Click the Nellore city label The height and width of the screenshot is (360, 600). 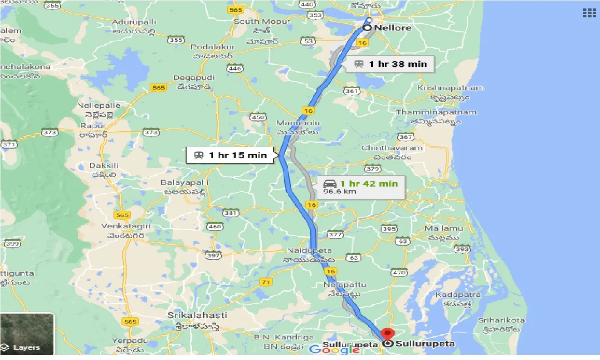pos(393,28)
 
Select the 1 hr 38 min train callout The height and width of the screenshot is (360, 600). pos(390,64)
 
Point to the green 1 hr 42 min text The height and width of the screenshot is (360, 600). pos(369,183)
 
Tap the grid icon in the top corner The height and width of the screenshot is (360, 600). pos(589,13)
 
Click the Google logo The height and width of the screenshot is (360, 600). pos(334,349)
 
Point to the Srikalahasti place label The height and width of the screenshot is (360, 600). pos(197,315)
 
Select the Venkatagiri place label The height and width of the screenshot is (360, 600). pos(126,226)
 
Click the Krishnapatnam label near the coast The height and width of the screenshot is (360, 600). pos(450,88)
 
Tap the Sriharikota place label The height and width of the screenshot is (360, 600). pos(501,321)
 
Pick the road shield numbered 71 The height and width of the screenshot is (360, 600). pos(266,282)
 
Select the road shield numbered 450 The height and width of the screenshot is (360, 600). pos(258,117)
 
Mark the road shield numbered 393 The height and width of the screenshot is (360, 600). pos(462,249)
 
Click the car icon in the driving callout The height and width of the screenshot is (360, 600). pos(330,183)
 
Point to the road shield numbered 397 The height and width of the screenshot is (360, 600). pos(213,255)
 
